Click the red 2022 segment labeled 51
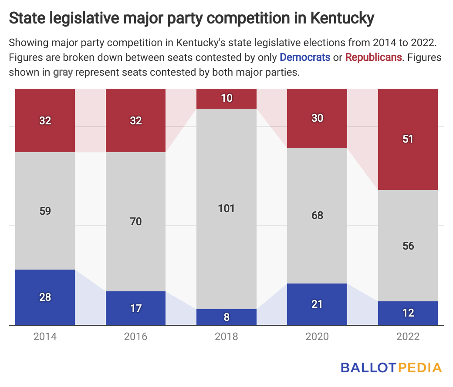[408, 139]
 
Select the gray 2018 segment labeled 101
[226, 209]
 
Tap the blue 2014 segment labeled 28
[45, 297]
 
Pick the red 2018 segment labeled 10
[226, 98]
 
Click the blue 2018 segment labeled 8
[226, 317]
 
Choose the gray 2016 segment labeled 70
[136, 222]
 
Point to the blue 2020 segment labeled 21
[317, 304]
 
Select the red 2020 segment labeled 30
[317, 118]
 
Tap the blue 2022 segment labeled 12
[408, 313]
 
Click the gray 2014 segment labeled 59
[45, 211]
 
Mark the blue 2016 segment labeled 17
[136, 308]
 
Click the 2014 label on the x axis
[45, 337]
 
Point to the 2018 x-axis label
[226, 337]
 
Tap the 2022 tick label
[408, 337]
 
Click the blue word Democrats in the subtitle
[305, 57]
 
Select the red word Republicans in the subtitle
[373, 57]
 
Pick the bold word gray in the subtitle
[63, 72]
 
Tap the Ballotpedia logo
[391, 367]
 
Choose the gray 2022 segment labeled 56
[408, 246]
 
